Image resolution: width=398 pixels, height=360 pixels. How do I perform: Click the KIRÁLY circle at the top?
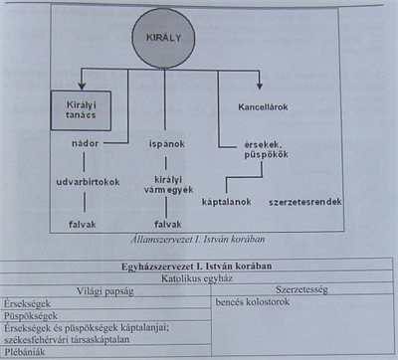(x=161, y=37)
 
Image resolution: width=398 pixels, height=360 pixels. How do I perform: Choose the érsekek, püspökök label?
(x=265, y=151)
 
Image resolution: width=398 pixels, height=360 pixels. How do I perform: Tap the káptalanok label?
(x=226, y=202)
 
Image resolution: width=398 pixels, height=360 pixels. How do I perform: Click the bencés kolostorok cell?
(x=254, y=304)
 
